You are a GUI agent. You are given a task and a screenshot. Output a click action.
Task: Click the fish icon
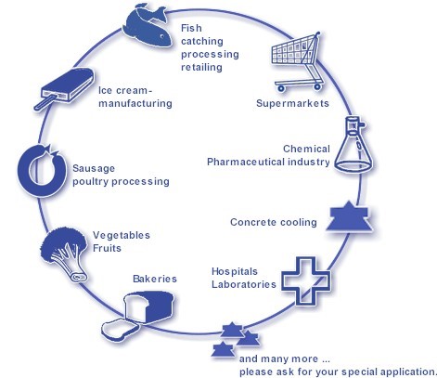[x=147, y=26]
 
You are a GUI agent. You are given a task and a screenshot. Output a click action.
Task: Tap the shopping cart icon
[x=297, y=62]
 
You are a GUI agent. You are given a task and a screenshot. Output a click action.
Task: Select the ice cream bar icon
[x=65, y=88]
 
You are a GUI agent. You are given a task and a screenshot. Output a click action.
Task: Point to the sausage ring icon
[x=42, y=170]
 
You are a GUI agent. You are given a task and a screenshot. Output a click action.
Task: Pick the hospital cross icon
[x=305, y=281]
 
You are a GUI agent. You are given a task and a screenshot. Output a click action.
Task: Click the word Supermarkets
[x=292, y=103]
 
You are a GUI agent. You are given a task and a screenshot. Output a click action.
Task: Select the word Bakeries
[x=155, y=279]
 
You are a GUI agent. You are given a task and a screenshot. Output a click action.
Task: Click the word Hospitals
[x=235, y=271]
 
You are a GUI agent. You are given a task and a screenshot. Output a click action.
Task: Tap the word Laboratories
[x=244, y=284]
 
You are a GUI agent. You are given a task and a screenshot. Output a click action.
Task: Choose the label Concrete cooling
[x=274, y=222]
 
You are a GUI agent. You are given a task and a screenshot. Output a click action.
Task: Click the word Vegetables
[x=122, y=235]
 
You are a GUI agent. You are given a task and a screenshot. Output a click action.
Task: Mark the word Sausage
[x=94, y=169]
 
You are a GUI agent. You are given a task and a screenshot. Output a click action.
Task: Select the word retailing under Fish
[x=201, y=67]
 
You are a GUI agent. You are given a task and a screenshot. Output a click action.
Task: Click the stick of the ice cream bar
[x=45, y=103]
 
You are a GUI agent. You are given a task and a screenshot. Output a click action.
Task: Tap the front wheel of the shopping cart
[x=281, y=88]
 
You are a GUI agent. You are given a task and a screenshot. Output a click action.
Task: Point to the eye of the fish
[x=162, y=37]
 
